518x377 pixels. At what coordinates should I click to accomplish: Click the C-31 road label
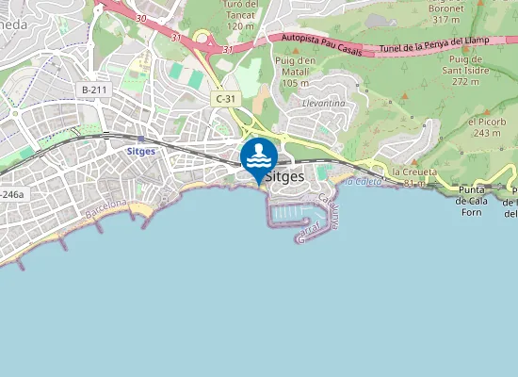(x=225, y=97)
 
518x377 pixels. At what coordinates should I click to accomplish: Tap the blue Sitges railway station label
(x=140, y=150)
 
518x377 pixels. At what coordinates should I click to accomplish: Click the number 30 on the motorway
(x=140, y=18)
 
